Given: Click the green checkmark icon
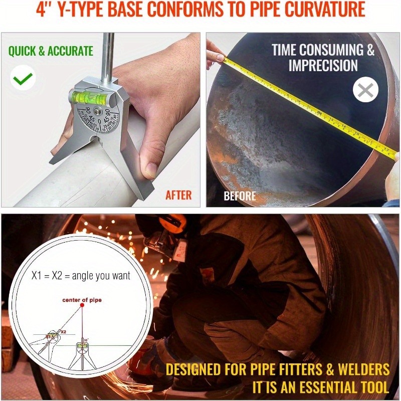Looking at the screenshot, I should [23, 78].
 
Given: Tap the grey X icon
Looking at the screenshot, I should [365, 90].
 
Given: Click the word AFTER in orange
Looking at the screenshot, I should [178, 195].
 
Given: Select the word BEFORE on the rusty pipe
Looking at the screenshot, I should [240, 195].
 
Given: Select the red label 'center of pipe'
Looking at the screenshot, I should [82, 300].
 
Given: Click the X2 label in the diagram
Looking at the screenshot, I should [63, 331].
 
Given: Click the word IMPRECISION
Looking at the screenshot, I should [323, 66].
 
